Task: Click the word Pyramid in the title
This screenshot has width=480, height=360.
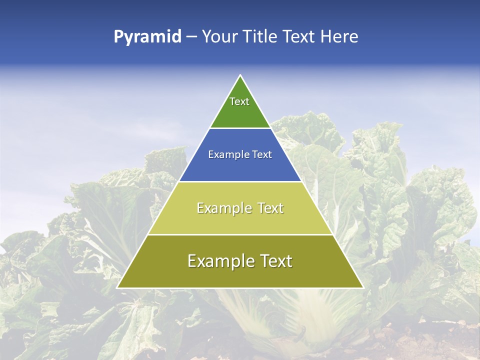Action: [147, 37]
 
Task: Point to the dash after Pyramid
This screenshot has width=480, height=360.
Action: [191, 37]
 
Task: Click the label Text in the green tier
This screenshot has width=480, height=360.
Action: [239, 101]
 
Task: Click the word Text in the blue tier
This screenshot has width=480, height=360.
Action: [262, 154]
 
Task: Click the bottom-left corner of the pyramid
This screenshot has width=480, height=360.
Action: [118, 287]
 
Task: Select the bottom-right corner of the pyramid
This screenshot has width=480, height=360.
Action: [362, 287]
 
